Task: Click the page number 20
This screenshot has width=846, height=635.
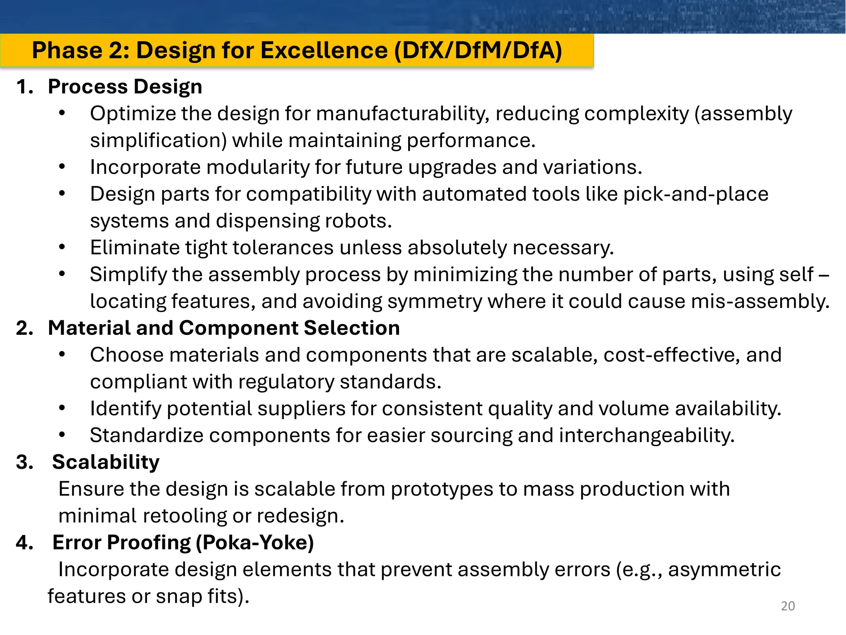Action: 788,606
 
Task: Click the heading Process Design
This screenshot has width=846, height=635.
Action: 125,87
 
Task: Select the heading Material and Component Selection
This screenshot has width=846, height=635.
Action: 223,328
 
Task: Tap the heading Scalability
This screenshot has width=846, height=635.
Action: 106,462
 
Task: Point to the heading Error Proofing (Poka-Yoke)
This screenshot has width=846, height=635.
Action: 183,542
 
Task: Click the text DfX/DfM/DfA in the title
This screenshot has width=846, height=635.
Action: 478,50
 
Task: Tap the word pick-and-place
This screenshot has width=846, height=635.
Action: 696,194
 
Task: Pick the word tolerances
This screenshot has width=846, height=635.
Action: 283,248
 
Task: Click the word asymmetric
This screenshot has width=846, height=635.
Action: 724,570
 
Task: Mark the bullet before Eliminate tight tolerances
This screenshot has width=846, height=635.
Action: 62,248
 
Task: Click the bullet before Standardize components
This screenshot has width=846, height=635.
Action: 62,435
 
